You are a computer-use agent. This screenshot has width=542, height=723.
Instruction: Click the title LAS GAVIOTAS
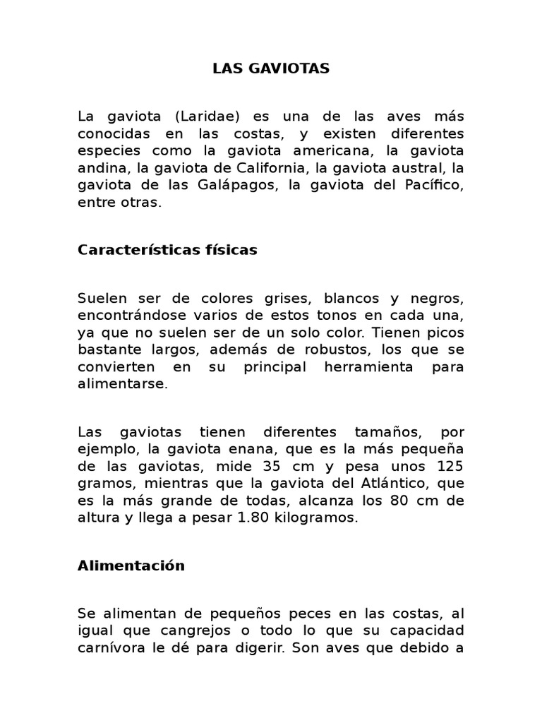click(271, 68)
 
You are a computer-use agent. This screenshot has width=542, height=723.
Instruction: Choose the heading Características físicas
click(168, 250)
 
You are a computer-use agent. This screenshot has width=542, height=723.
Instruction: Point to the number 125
click(448, 466)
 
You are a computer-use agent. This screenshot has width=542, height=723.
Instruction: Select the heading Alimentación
click(131, 566)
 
